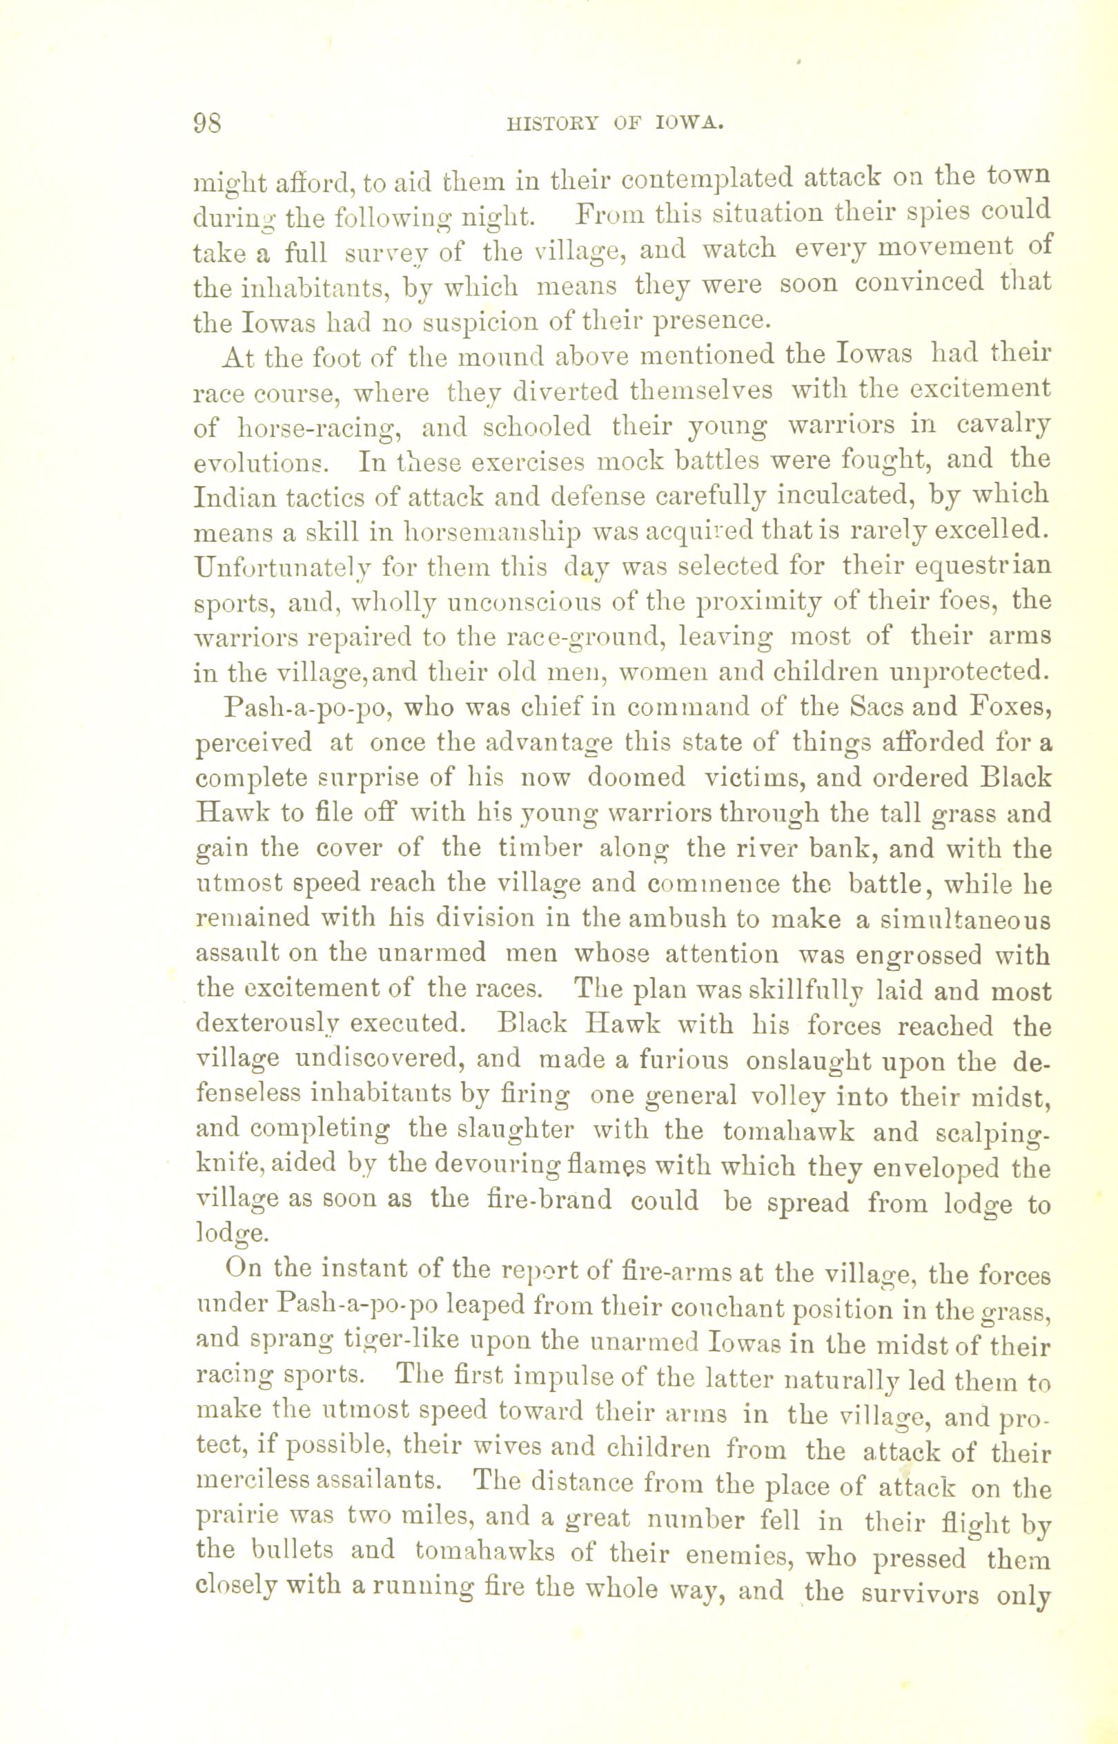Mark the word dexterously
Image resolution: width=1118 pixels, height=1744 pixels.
tap(266, 1028)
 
